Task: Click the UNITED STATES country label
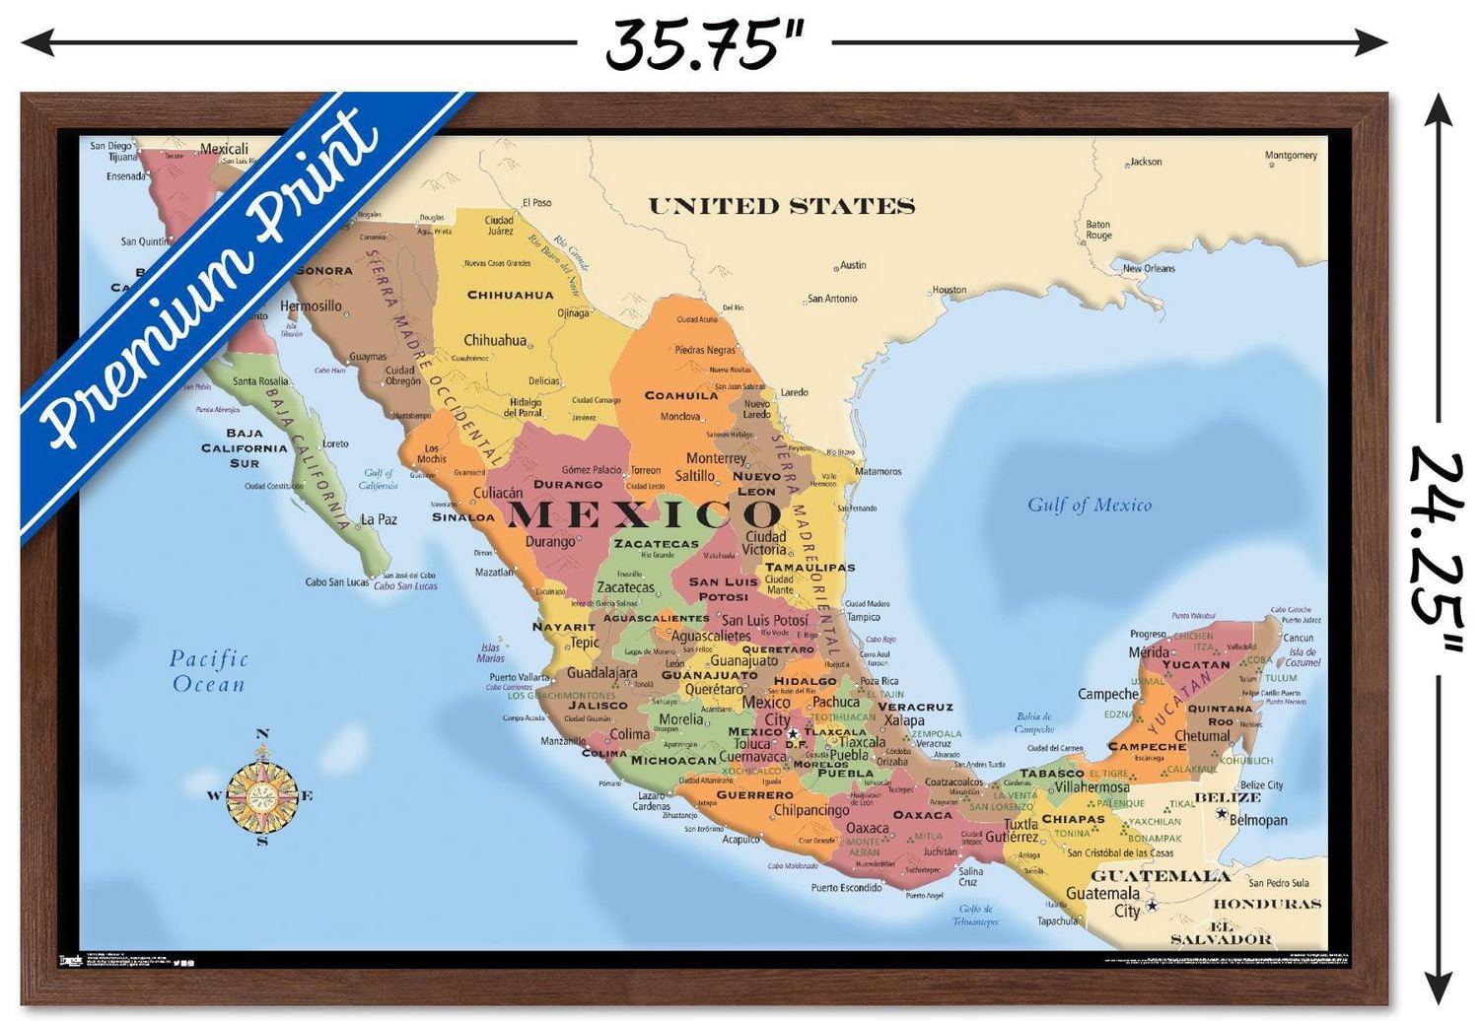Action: coord(781,206)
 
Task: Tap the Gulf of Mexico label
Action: coord(1089,505)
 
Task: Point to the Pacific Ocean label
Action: coord(208,671)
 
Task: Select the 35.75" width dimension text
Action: coord(704,43)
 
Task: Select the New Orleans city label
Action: coord(1149,268)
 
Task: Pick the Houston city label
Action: coord(949,290)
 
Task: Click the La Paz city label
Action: coord(379,519)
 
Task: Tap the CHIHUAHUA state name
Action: coord(510,295)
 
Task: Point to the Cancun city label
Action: coord(1298,638)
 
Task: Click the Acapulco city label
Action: coord(740,840)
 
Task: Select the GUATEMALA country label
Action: coord(1160,875)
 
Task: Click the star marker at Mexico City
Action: coord(793,734)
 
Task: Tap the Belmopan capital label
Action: coord(1258,820)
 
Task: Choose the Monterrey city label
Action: coord(716,458)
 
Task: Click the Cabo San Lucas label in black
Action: coord(335,582)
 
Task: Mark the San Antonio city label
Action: coord(832,299)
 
